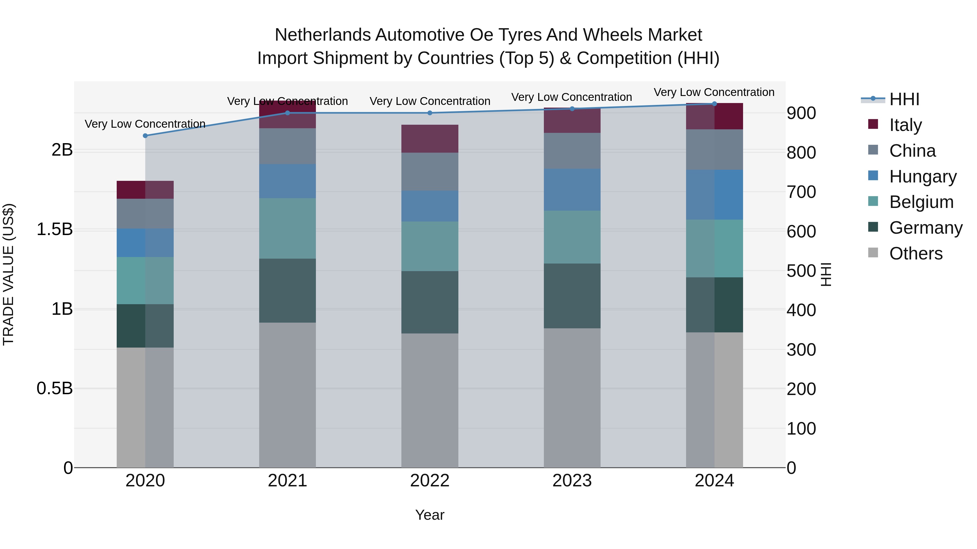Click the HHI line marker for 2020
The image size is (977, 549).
(x=145, y=136)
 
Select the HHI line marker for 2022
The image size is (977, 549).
(x=430, y=113)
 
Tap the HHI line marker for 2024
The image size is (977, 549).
(x=714, y=104)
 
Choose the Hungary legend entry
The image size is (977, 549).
(x=922, y=176)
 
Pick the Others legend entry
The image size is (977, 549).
(x=916, y=253)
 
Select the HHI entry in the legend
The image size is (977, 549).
(x=904, y=99)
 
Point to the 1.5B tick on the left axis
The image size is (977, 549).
(x=55, y=229)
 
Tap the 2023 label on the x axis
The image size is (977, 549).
(x=572, y=481)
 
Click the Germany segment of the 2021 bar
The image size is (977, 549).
(x=287, y=291)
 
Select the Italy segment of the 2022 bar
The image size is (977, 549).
(x=430, y=139)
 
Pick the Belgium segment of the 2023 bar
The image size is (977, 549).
(x=572, y=237)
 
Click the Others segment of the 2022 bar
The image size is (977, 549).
(x=430, y=400)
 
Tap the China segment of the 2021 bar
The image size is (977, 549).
(x=287, y=146)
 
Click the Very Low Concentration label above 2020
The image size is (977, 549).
(x=145, y=124)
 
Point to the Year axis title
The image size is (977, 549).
(x=430, y=515)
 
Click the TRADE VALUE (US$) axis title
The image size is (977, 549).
(x=8, y=274)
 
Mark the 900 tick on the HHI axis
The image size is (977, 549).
(x=801, y=113)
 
